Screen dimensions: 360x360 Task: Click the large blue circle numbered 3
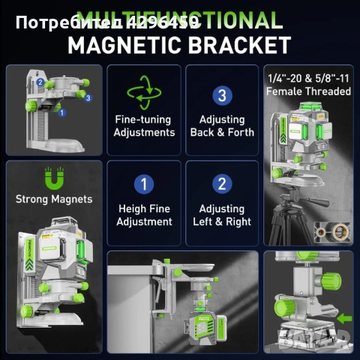click(221, 95)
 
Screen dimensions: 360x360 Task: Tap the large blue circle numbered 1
click(144, 184)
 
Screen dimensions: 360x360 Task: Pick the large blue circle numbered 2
click(221, 184)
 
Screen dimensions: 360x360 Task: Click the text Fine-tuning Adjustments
click(144, 126)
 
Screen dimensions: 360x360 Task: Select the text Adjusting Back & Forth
click(221, 126)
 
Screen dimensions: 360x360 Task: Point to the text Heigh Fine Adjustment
click(144, 215)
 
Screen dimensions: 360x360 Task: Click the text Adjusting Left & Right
click(221, 215)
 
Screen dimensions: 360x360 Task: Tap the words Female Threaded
click(308, 91)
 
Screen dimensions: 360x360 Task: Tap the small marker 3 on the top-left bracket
click(88, 97)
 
